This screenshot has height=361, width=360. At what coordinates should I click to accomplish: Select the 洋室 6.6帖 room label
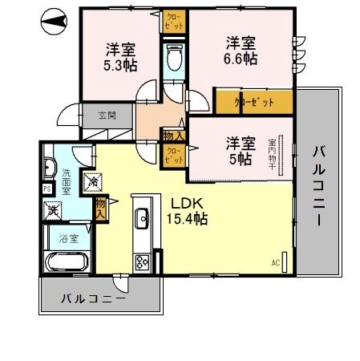point(240,50)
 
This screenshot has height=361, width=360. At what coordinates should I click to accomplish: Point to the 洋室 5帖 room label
point(240,151)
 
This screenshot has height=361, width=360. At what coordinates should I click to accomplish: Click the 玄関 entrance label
point(107,116)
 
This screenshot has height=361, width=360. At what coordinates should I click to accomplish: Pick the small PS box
point(46,189)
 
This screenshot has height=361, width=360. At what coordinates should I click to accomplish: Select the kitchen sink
point(144,217)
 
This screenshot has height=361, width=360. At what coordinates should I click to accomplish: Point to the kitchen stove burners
point(143,261)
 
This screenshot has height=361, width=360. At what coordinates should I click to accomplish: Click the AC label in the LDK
point(276,262)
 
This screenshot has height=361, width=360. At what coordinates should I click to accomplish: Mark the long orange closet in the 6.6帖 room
point(253,102)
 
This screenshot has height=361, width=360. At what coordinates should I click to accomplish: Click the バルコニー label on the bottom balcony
point(93,298)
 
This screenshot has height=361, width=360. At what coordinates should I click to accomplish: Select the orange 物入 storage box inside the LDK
point(101,209)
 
